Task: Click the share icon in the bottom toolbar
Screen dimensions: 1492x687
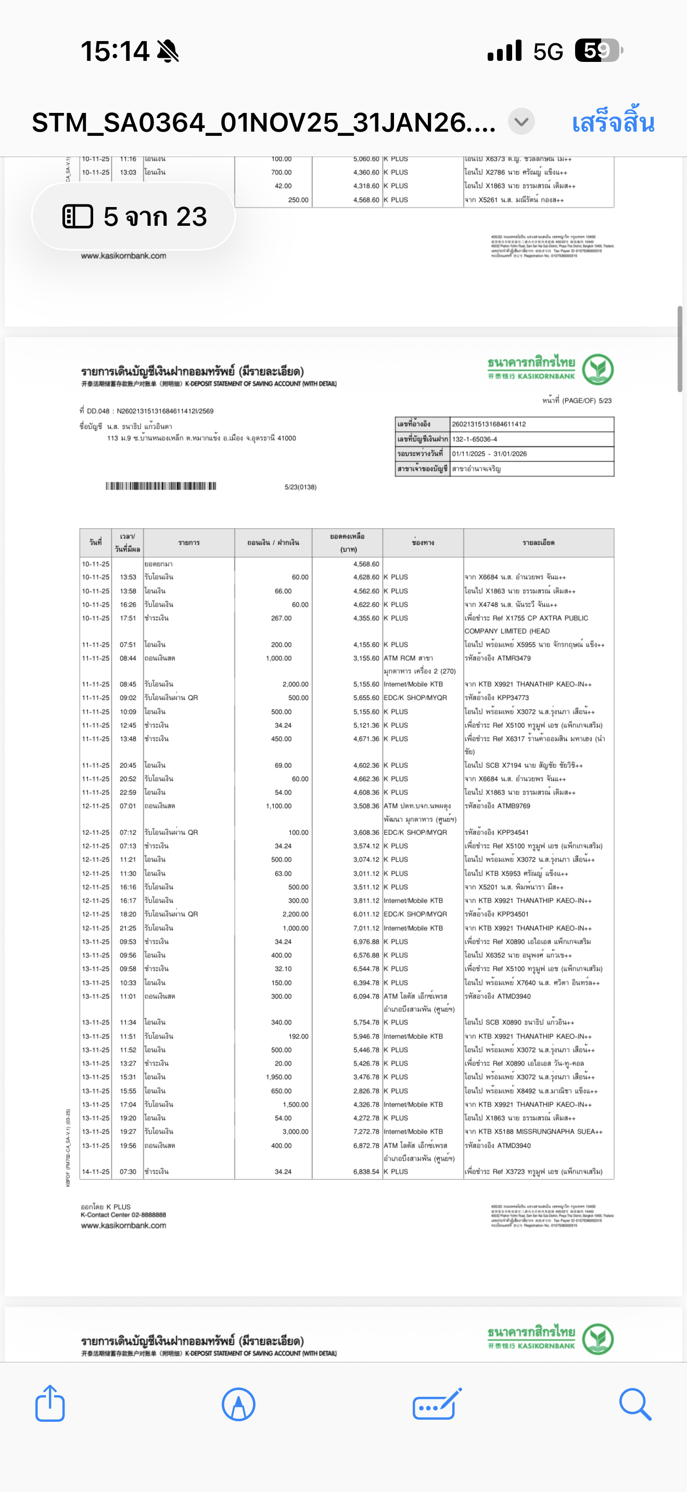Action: point(50,1404)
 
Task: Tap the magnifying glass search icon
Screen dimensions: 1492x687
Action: point(635,1404)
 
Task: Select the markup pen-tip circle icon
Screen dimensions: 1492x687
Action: point(238,1404)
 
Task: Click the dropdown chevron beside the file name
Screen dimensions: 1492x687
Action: point(521,122)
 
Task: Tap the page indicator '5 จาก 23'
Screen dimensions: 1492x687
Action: point(134,216)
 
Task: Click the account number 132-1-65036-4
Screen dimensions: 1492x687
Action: point(475,439)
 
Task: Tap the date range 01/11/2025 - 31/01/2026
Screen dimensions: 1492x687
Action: point(489,454)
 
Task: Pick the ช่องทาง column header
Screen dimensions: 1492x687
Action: point(423,543)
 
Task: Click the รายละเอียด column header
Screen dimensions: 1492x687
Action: point(538,543)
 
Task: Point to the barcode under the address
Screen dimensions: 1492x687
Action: point(160,486)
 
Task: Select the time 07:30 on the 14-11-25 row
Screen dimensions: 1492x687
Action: point(128,1171)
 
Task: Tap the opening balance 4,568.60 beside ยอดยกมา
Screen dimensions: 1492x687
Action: point(366,563)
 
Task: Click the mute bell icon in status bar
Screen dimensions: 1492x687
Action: point(168,51)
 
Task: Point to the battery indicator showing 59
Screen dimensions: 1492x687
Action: point(598,50)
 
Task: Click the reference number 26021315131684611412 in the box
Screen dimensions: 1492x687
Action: point(489,424)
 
